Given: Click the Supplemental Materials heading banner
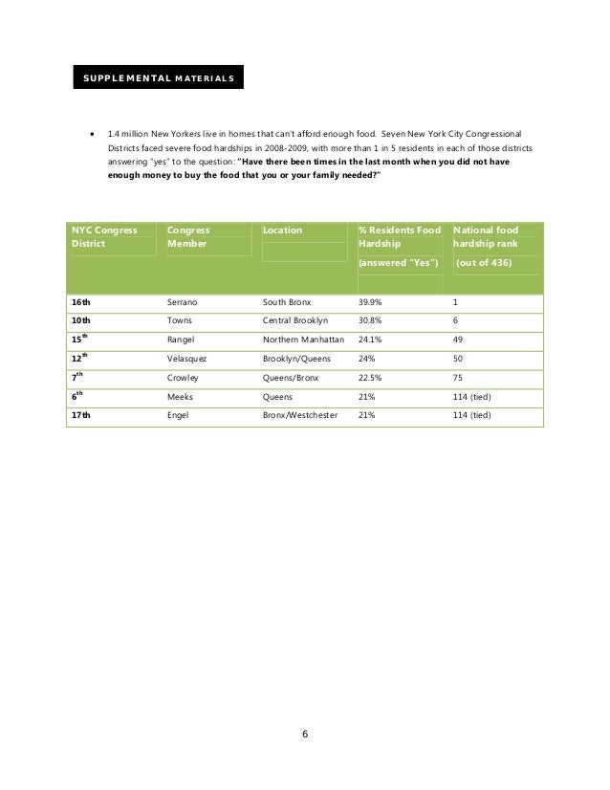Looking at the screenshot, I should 156,76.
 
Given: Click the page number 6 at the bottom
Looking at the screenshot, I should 305,735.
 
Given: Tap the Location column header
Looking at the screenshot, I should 282,230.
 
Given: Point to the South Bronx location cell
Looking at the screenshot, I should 287,302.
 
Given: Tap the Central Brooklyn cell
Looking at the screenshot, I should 295,320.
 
